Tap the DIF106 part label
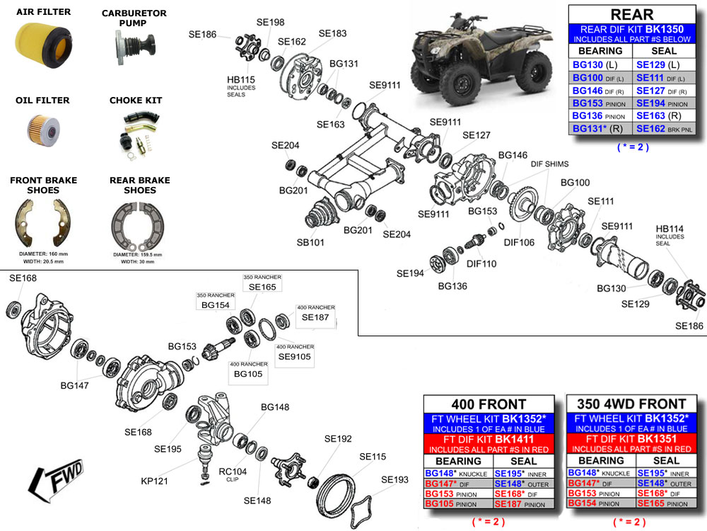tap(519, 242)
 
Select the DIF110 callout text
tap(481, 263)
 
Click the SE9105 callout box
tap(294, 356)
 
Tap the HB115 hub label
tap(240, 79)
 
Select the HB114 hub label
tap(670, 228)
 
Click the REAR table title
tap(631, 14)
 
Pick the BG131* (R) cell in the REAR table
tap(600, 129)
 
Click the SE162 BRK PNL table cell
tap(665, 129)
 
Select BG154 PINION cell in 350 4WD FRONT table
tap(600, 503)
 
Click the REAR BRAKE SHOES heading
tap(139, 185)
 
